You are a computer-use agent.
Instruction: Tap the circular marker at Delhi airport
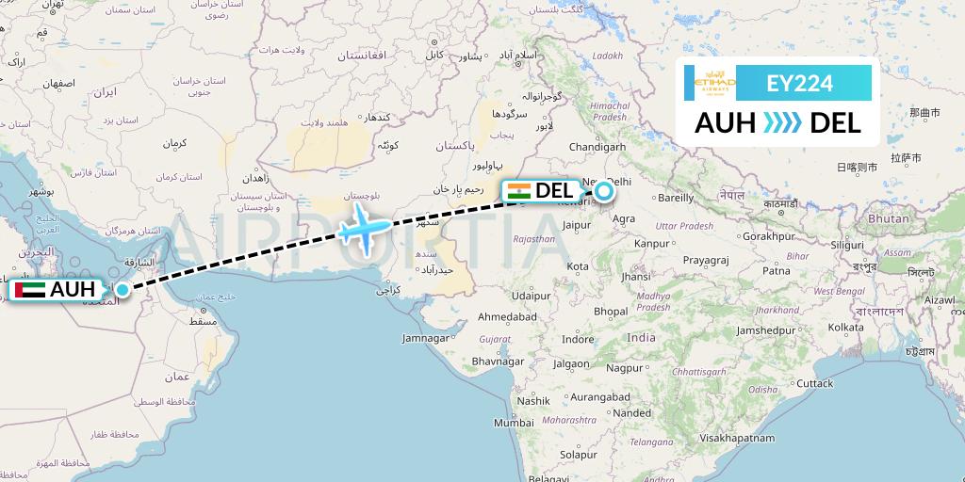pos(602,192)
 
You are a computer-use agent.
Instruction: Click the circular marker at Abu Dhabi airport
pos(123,289)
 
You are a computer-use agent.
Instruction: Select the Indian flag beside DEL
pos(517,191)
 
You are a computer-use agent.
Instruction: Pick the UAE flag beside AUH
pos(26,290)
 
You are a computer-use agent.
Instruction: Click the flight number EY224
pos(801,84)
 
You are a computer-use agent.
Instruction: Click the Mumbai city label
pos(513,423)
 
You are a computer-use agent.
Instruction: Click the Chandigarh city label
pos(597,147)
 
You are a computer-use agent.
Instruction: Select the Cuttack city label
pos(814,383)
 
